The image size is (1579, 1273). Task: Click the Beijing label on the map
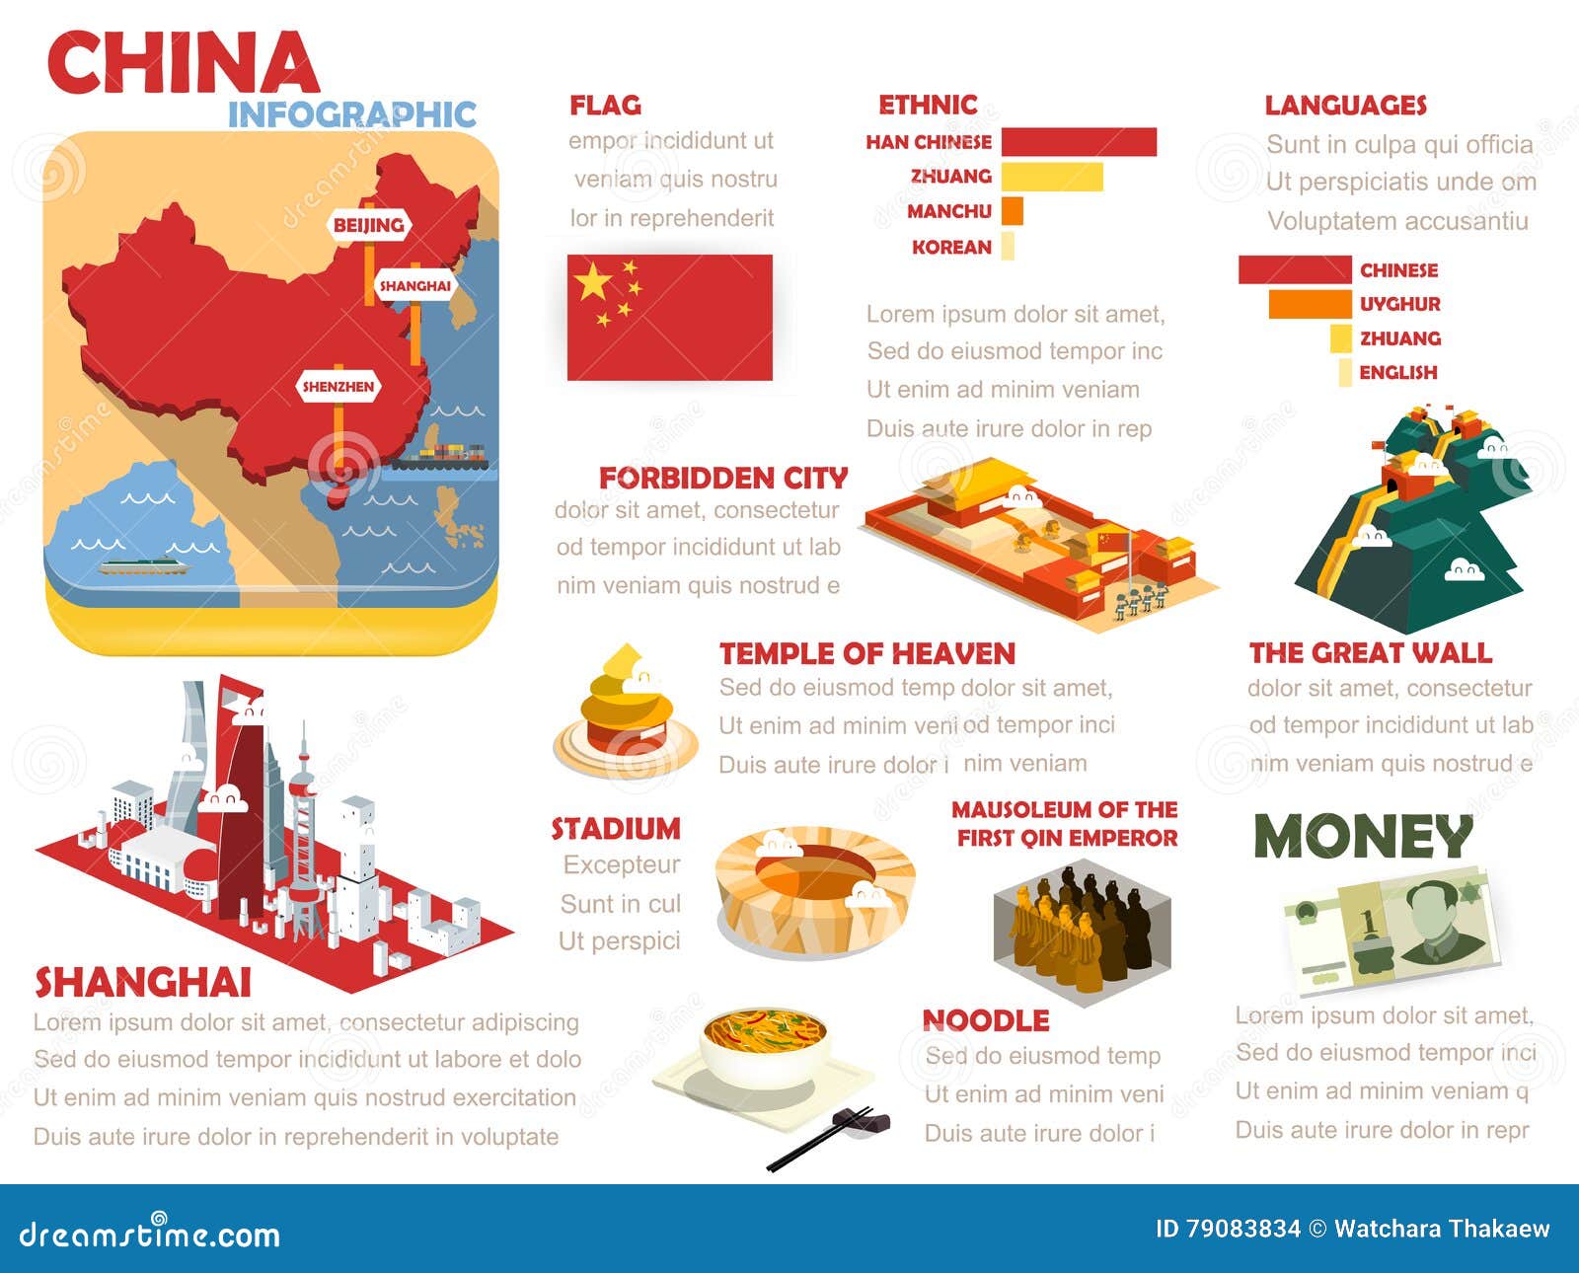click(368, 225)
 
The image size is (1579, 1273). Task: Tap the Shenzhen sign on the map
click(338, 387)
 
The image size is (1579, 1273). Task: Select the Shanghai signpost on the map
click(414, 286)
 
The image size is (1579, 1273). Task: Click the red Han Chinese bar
click(1078, 142)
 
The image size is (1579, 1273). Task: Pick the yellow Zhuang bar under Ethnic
click(1051, 178)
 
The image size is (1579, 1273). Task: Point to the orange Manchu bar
click(1012, 211)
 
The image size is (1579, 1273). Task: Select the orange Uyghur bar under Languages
click(1309, 304)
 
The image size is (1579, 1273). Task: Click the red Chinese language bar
click(1294, 269)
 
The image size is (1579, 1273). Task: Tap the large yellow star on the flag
click(593, 281)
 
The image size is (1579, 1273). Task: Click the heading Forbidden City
click(722, 479)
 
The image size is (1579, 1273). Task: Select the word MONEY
click(1363, 837)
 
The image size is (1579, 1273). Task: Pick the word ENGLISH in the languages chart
click(1397, 373)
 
